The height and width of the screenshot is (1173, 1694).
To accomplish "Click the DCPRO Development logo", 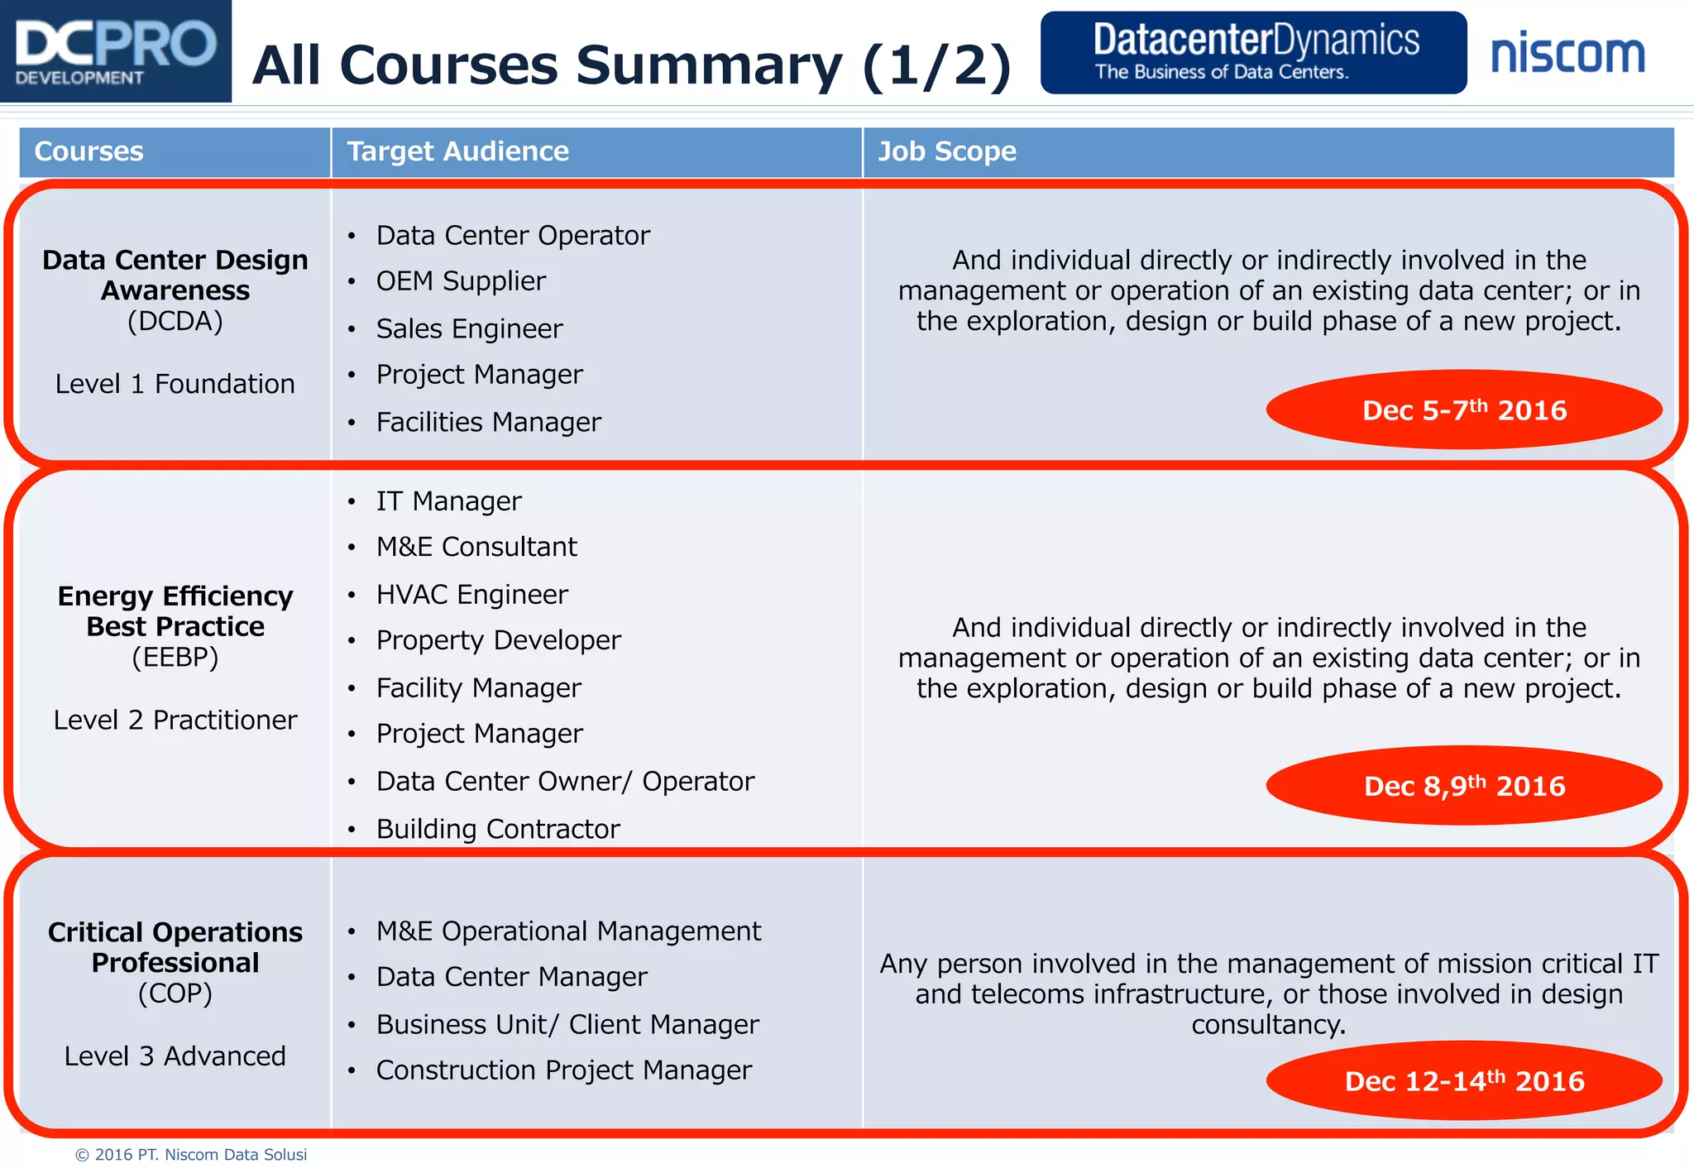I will click(116, 51).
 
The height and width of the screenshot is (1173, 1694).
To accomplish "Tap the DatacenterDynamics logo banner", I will click(1253, 52).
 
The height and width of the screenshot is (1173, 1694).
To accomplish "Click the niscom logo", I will click(1567, 54).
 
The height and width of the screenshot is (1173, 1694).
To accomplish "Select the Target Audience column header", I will click(457, 151).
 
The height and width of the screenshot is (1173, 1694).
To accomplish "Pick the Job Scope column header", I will click(947, 151).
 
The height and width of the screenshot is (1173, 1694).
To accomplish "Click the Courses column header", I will click(89, 151).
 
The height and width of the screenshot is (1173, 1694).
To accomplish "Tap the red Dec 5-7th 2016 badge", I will click(1464, 409).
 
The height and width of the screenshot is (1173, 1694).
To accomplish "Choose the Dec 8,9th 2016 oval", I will click(1464, 785).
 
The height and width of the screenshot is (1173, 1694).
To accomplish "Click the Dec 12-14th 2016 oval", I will click(1464, 1080).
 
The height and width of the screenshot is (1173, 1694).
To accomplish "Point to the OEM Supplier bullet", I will click(461, 281).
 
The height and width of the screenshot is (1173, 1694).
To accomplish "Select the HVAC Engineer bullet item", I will click(471, 594).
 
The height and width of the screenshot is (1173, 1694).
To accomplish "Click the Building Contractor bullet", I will click(498, 829).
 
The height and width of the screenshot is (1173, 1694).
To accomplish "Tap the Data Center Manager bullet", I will click(511, 977).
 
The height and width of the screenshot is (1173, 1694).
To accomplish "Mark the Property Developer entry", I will click(498, 640).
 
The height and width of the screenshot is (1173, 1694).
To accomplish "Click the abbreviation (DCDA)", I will click(175, 321).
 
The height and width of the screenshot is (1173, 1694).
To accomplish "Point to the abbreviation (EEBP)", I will click(175, 658).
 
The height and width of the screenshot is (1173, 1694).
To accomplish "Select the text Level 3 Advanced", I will click(175, 1056).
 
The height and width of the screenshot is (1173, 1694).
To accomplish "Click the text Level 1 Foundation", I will click(175, 384).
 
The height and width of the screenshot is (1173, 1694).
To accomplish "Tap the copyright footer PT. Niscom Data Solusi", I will click(191, 1155).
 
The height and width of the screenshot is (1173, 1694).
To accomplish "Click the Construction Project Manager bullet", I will click(563, 1070).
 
